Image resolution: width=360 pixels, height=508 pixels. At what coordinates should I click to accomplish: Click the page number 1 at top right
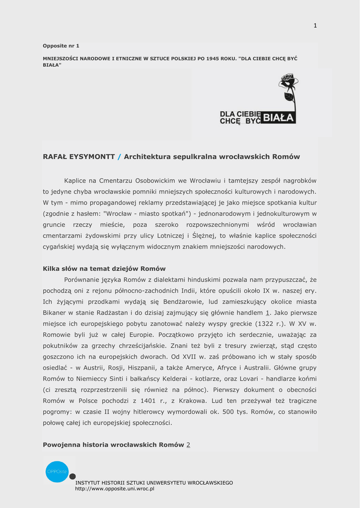coord(315,26)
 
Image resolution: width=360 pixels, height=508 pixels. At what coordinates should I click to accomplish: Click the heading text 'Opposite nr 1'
coord(61,46)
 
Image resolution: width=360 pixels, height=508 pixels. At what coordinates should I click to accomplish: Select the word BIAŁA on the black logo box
coord(279,118)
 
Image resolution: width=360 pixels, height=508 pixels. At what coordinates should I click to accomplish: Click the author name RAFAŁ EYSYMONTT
coord(79,157)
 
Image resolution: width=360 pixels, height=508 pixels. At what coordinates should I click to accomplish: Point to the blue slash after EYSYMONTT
coord(119,157)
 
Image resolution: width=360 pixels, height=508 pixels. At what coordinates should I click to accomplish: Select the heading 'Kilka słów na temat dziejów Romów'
coord(104,268)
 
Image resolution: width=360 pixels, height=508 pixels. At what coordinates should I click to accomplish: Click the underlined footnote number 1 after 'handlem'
coord(268,313)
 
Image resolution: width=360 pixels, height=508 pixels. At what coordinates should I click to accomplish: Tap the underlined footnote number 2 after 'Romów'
coord(188,444)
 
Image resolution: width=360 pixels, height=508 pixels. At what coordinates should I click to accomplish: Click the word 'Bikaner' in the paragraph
coord(55,313)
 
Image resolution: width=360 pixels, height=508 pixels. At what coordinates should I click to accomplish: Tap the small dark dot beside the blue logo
coord(72,476)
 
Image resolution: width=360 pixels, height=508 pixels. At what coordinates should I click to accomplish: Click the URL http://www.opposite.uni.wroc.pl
coord(115,489)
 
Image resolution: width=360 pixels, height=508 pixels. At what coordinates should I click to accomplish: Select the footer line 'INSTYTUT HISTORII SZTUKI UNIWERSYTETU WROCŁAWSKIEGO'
coord(154,483)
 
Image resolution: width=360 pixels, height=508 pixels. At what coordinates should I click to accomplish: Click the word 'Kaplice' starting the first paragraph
coord(75,181)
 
